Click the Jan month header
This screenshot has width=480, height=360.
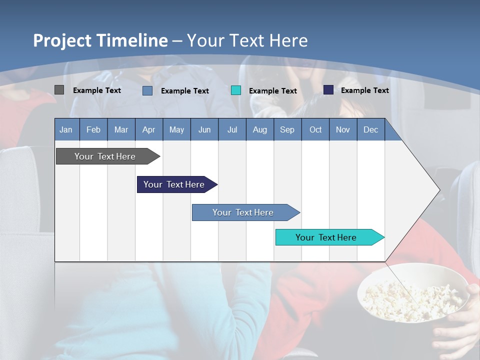click(66, 129)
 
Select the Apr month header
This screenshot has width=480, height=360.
click(148, 129)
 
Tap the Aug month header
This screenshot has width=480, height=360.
click(259, 129)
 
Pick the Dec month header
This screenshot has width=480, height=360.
click(370, 129)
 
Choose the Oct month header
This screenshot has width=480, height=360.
click(315, 129)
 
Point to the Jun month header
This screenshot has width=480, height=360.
click(204, 129)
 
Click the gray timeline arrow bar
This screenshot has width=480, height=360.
click(105, 156)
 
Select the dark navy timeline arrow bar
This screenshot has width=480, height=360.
click(174, 184)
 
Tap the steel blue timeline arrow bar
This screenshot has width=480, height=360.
click(243, 212)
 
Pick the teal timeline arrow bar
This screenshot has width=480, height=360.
click(326, 237)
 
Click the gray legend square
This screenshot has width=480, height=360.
click(59, 90)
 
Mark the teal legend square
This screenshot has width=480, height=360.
click(236, 90)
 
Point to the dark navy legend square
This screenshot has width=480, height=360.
click(328, 90)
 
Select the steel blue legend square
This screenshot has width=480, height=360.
click(147, 90)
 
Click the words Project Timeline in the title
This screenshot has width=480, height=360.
click(100, 40)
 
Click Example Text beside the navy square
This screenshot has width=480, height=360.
click(364, 90)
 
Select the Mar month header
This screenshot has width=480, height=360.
click(121, 129)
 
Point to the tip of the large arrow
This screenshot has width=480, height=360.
click(438, 190)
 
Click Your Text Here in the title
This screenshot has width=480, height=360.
click(247, 40)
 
